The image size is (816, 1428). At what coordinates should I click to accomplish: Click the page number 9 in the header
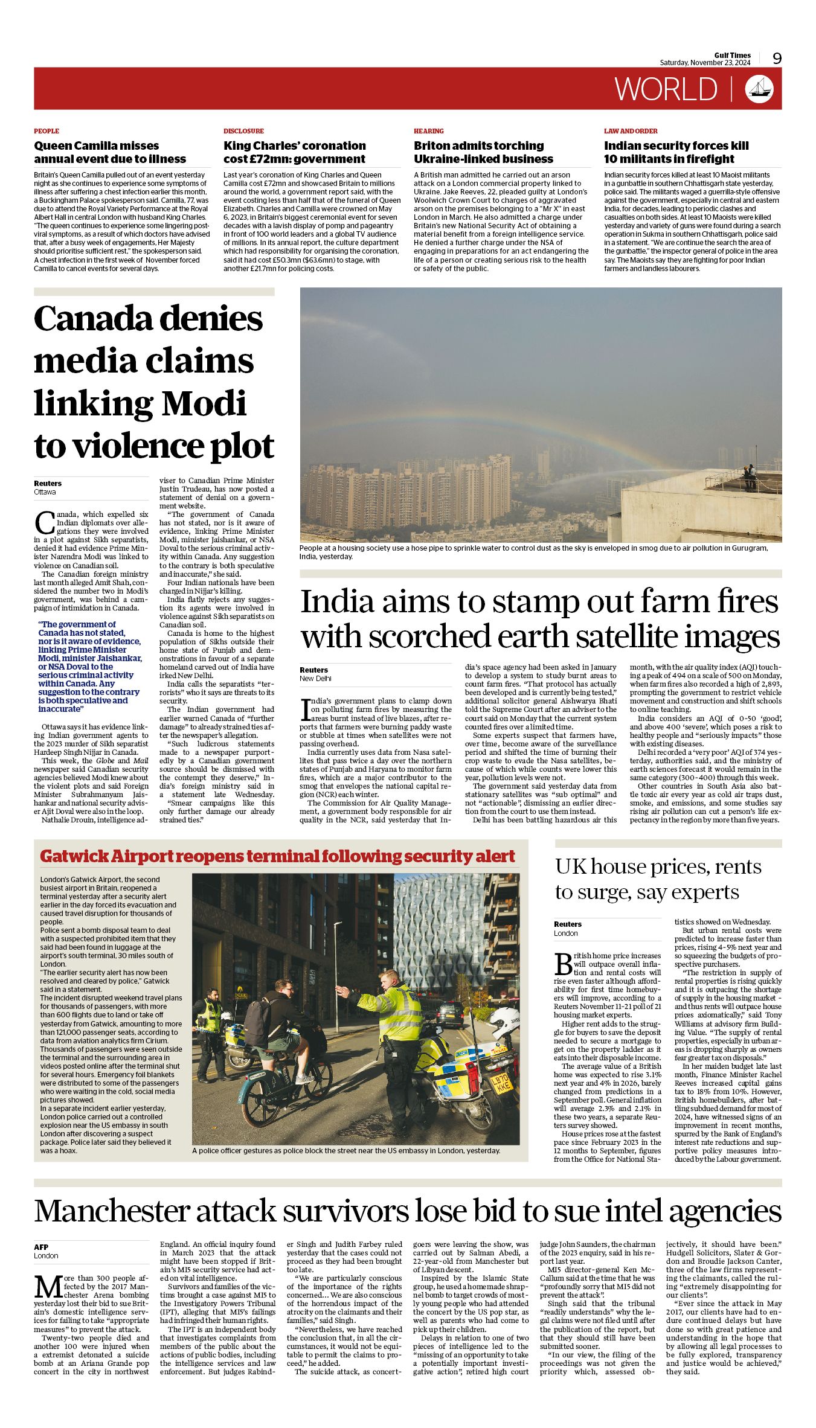click(777, 59)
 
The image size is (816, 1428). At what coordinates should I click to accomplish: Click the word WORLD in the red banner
click(666, 89)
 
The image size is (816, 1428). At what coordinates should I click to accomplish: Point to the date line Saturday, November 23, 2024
click(705, 63)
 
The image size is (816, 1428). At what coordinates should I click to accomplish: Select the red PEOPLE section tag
click(47, 131)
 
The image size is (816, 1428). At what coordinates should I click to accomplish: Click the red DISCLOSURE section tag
click(243, 131)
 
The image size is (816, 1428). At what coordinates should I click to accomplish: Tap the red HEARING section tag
click(428, 131)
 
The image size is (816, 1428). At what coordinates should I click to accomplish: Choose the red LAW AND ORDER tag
click(631, 131)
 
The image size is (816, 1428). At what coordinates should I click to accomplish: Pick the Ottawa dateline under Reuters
click(45, 492)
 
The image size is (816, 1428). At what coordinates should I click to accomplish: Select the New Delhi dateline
click(315, 679)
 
